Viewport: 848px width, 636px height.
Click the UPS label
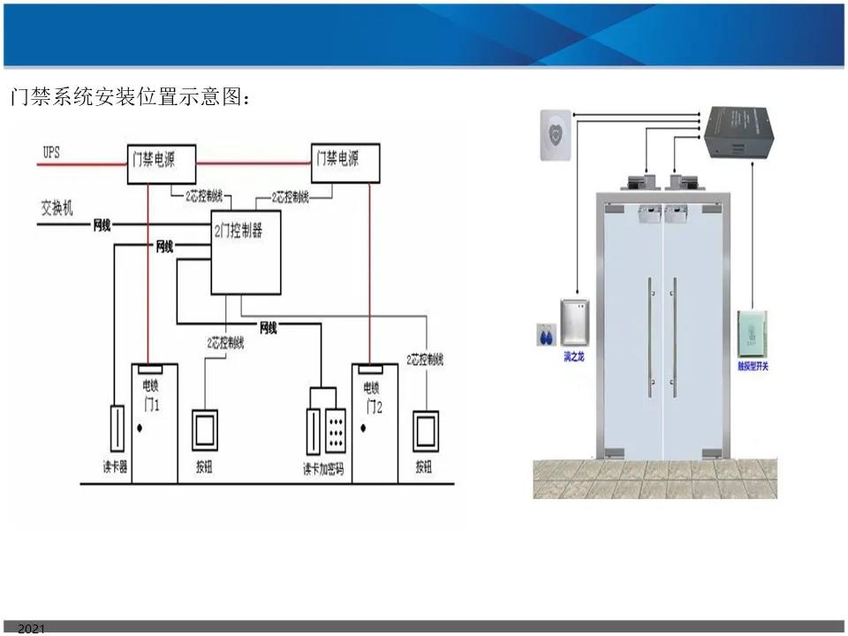point(51,153)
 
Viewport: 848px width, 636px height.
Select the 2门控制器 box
point(246,252)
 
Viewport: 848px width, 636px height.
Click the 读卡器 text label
point(115,467)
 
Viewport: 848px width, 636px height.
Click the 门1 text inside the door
point(151,405)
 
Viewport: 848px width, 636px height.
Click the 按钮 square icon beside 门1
point(204,430)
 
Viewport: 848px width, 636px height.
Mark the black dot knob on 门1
point(140,429)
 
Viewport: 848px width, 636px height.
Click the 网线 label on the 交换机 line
point(102,225)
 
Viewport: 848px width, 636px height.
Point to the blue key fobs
point(545,337)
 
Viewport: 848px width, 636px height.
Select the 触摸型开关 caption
point(753,366)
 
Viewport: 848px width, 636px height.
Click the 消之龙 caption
point(574,356)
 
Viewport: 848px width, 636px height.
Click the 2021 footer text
point(30,629)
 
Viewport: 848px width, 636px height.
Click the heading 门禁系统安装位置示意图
point(130,97)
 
